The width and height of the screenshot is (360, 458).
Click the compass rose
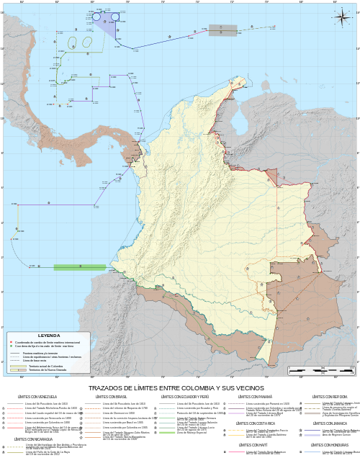coord(341,15)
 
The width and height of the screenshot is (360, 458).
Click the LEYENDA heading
coord(49,336)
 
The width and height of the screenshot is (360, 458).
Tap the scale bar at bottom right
coord(321,370)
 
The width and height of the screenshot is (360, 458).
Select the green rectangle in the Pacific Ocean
coord(79,267)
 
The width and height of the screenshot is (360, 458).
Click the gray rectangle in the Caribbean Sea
coord(222,30)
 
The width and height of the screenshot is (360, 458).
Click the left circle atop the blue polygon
coord(96,16)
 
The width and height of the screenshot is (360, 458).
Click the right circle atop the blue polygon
coord(115,16)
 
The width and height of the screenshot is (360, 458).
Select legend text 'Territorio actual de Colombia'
coord(46,366)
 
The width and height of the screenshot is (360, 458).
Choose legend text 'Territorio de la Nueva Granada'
coord(47,369)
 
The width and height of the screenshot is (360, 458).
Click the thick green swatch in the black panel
coord(167,433)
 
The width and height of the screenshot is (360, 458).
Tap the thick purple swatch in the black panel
coord(237,413)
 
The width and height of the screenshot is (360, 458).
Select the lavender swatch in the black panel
coord(312,436)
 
